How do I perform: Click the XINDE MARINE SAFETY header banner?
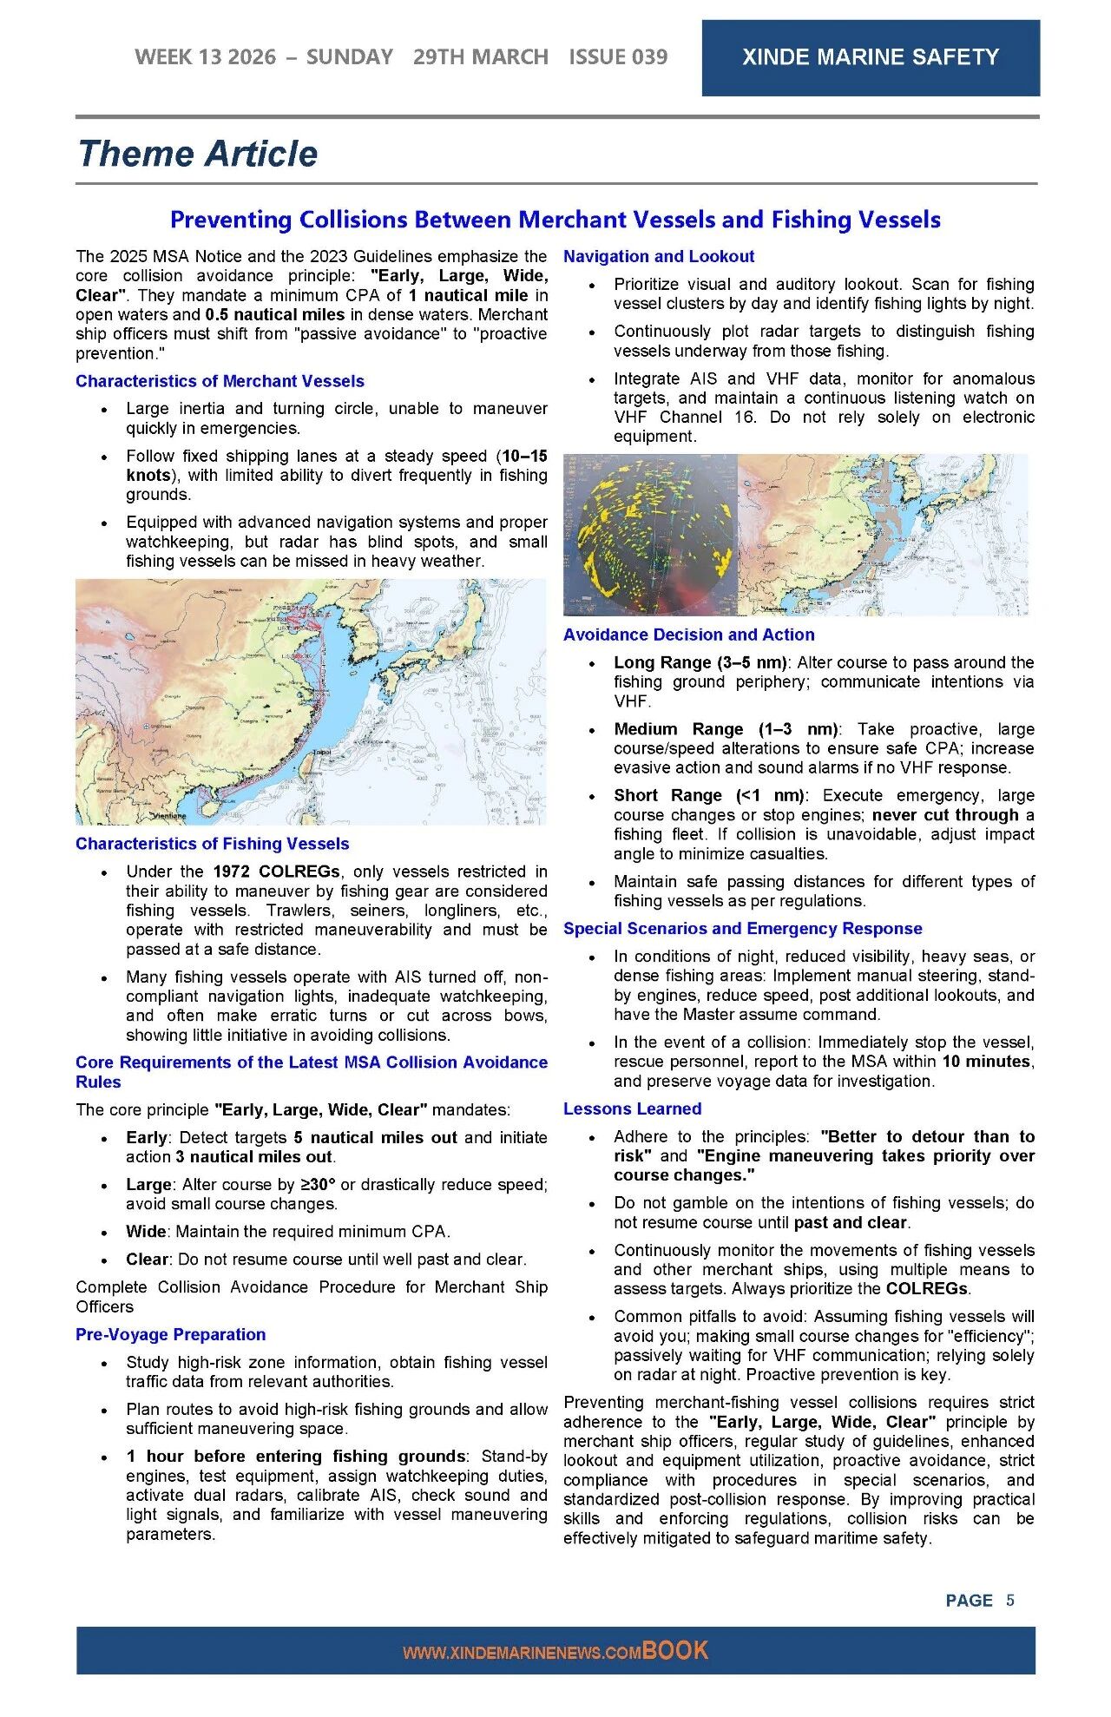pyautogui.click(x=870, y=57)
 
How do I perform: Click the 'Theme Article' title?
pyautogui.click(x=198, y=154)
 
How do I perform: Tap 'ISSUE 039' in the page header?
pyautogui.click(x=618, y=57)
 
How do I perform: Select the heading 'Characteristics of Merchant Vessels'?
pyautogui.click(x=220, y=381)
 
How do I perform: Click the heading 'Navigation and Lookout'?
pyautogui.click(x=659, y=256)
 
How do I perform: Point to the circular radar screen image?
pyautogui.click(x=650, y=535)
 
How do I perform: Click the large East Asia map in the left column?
pyautogui.click(x=311, y=701)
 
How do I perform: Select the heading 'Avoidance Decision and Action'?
pyautogui.click(x=688, y=635)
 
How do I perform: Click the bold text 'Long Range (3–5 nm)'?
pyautogui.click(x=700, y=662)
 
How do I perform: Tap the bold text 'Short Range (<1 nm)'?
pyautogui.click(x=709, y=795)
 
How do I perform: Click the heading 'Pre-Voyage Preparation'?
pyautogui.click(x=170, y=1334)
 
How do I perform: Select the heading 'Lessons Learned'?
pyautogui.click(x=632, y=1108)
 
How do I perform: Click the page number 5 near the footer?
pyautogui.click(x=1010, y=1600)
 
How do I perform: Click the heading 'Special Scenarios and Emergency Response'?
pyautogui.click(x=742, y=928)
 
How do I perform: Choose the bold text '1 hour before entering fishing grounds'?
pyautogui.click(x=296, y=1456)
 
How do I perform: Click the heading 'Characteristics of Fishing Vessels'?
pyautogui.click(x=212, y=844)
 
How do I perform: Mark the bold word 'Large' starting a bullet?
pyautogui.click(x=148, y=1184)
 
